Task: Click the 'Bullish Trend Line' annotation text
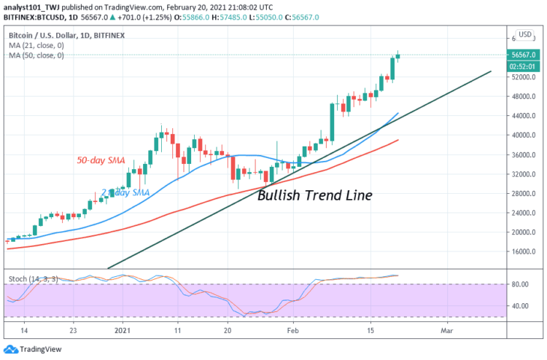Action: pyautogui.click(x=314, y=195)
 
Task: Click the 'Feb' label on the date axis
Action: pyautogui.click(x=292, y=330)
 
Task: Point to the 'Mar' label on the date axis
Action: pyautogui.click(x=446, y=330)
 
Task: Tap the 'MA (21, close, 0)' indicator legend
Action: pyautogui.click(x=36, y=45)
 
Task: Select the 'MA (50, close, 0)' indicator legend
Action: pyautogui.click(x=36, y=55)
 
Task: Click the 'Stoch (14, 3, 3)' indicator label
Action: pyautogui.click(x=32, y=278)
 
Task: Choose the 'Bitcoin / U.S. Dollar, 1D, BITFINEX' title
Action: pyautogui.click(x=66, y=35)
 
